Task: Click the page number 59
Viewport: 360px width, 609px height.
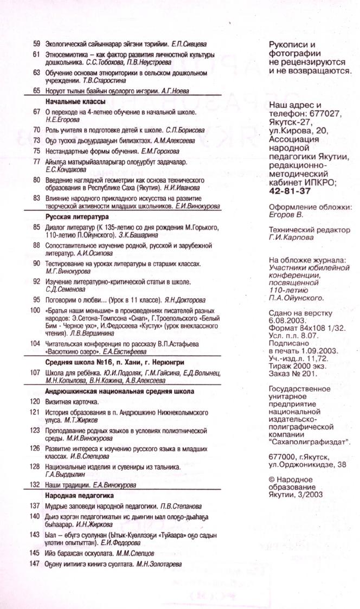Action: point(37,42)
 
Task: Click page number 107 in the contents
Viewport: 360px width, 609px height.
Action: point(35,373)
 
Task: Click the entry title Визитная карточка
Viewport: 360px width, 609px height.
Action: point(72,401)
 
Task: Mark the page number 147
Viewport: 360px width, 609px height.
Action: point(35,564)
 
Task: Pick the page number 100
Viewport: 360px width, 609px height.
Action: point(35,311)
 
